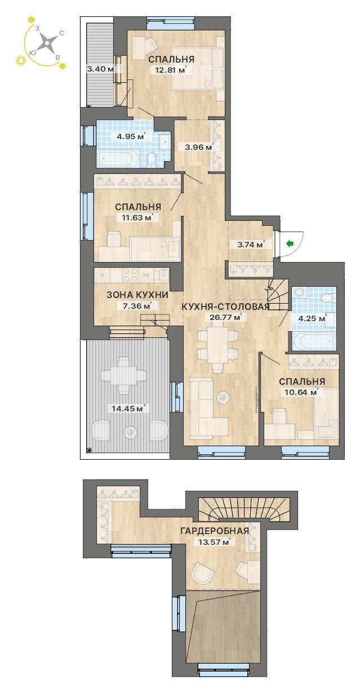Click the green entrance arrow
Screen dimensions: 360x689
tap(290, 244)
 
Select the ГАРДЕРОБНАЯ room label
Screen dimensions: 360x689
tap(215, 531)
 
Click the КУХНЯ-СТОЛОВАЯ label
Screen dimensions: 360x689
tap(225, 306)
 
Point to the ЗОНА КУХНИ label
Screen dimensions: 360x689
tap(137, 295)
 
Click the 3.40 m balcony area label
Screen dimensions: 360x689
tap(101, 69)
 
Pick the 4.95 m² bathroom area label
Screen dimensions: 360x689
tap(130, 136)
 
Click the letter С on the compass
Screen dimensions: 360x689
tap(61, 34)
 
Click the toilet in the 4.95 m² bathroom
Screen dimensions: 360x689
tap(152, 159)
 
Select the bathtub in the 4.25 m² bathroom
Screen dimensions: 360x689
tap(313, 341)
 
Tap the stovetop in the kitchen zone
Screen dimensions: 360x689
tap(131, 275)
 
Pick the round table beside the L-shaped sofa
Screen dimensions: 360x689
tap(223, 397)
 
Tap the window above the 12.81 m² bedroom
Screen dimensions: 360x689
tap(171, 23)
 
